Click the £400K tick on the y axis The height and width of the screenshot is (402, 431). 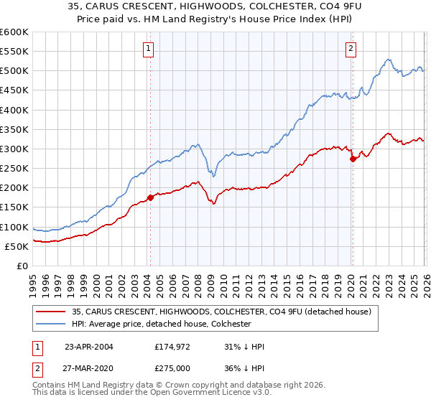14,110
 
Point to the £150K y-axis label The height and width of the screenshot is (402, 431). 14,207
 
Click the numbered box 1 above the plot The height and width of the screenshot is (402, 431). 148,49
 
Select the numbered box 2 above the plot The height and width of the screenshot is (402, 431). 351,49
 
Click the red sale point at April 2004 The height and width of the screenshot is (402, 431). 150,197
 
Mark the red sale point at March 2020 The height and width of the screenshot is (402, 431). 353,159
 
